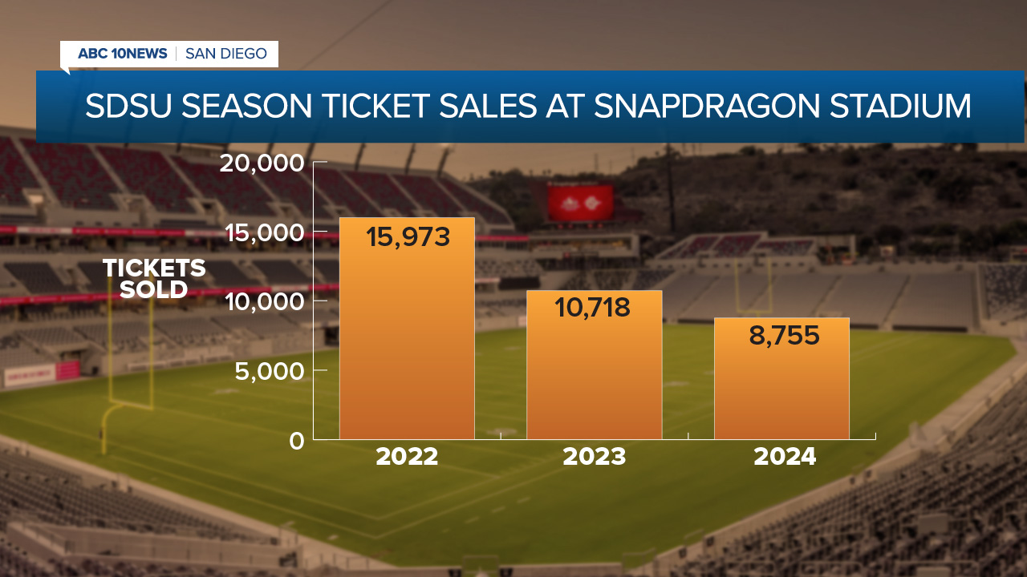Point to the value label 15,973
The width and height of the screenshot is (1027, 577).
[408, 236]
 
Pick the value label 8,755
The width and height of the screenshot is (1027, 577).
[784, 335]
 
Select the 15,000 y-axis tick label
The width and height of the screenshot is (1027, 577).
[262, 232]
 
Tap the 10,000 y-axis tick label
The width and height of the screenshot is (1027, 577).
[262, 301]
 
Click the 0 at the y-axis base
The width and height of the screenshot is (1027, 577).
[297, 440]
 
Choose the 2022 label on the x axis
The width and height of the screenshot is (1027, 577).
[407, 457]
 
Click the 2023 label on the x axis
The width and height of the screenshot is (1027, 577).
[594, 457]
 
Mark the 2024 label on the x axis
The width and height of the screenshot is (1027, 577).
[785, 457]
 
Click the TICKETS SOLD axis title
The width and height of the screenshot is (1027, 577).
[154, 279]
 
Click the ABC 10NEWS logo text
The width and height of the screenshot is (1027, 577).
[122, 54]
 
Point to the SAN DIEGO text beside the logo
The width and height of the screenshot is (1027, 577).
[225, 54]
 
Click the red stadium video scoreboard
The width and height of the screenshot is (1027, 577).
[580, 203]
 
